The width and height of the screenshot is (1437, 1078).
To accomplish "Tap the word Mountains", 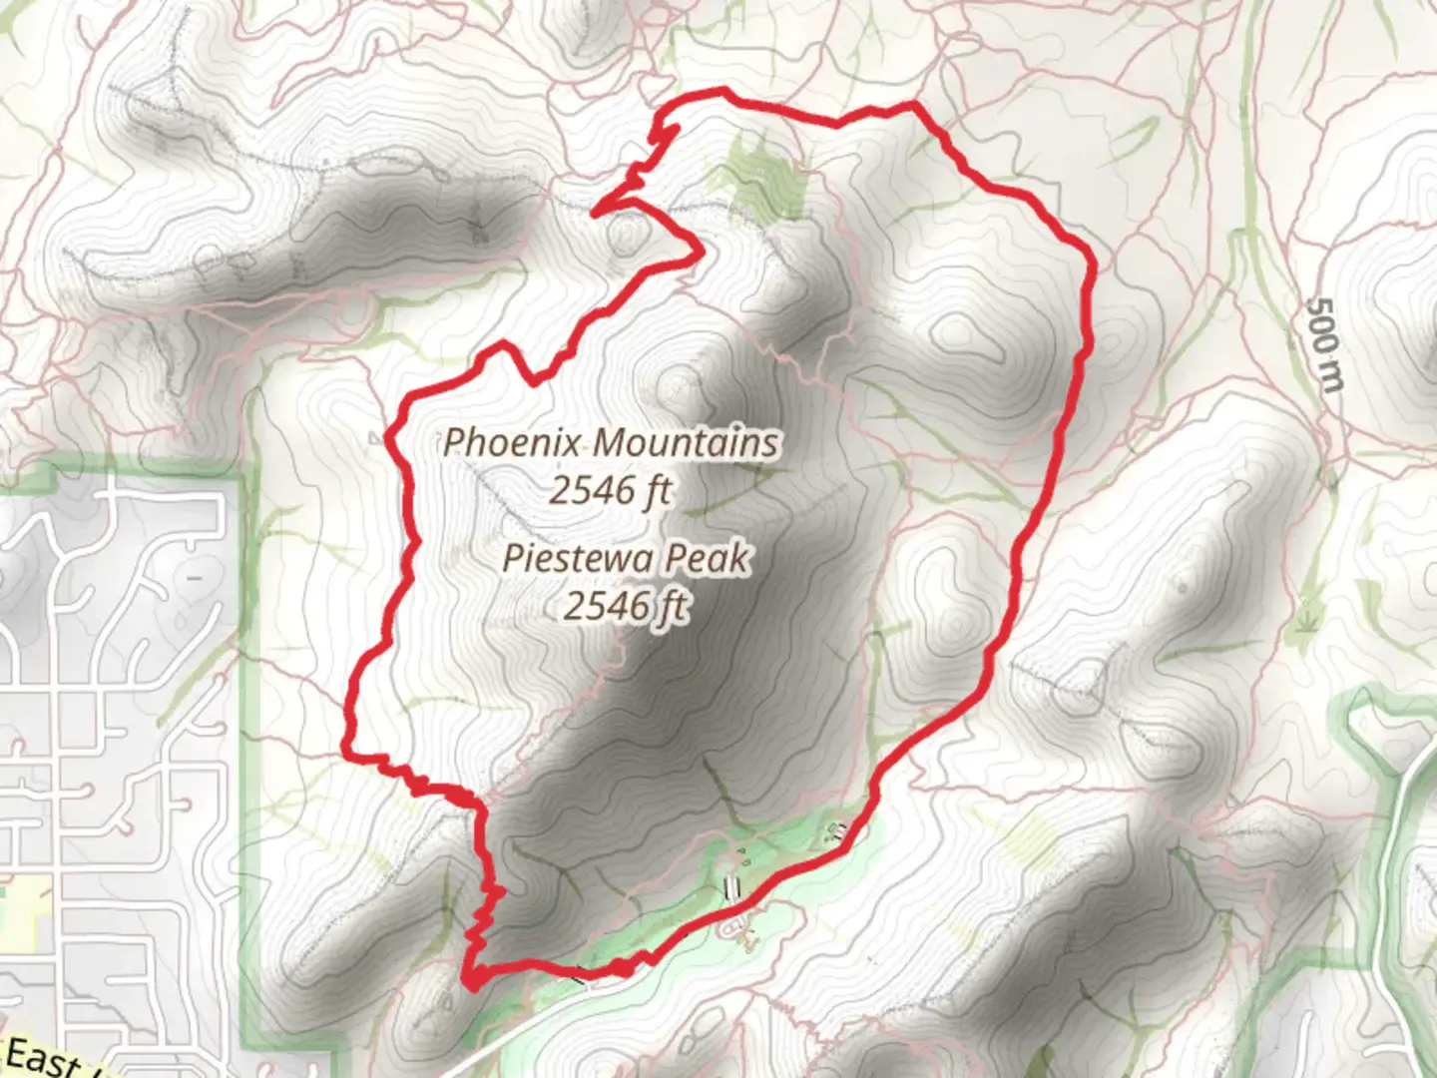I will click(688, 442).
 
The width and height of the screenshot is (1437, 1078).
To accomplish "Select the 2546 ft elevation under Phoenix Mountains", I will click(610, 490).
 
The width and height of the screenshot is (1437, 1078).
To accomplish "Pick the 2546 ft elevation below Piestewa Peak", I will click(626, 606).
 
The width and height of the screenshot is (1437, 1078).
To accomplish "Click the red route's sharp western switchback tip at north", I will click(596, 212).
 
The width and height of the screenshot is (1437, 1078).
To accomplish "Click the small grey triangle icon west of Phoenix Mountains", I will click(375, 437).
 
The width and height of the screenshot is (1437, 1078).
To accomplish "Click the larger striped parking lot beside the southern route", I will click(732, 888).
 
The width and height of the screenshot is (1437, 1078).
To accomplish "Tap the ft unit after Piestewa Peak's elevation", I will click(672, 606).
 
